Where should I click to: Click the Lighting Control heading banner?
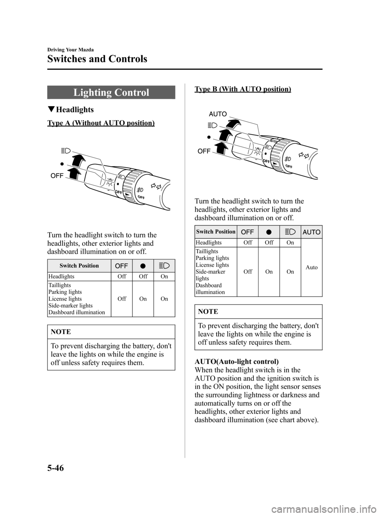tap(111, 93)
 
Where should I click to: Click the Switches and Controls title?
tap(97, 59)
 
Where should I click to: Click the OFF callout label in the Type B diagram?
tap(204, 151)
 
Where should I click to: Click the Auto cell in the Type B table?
tap(312, 267)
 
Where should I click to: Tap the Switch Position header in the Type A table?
tap(79, 266)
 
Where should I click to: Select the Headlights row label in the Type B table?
tap(209, 243)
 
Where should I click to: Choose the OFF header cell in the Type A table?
tap(122, 266)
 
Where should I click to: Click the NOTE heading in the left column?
tap(61, 332)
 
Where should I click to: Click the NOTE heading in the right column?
tap(208, 312)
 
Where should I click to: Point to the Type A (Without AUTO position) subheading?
tap(101, 123)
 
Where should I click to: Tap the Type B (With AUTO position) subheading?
tap(243, 89)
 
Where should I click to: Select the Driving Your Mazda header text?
tap(70, 50)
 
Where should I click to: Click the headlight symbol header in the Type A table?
tap(164, 266)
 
